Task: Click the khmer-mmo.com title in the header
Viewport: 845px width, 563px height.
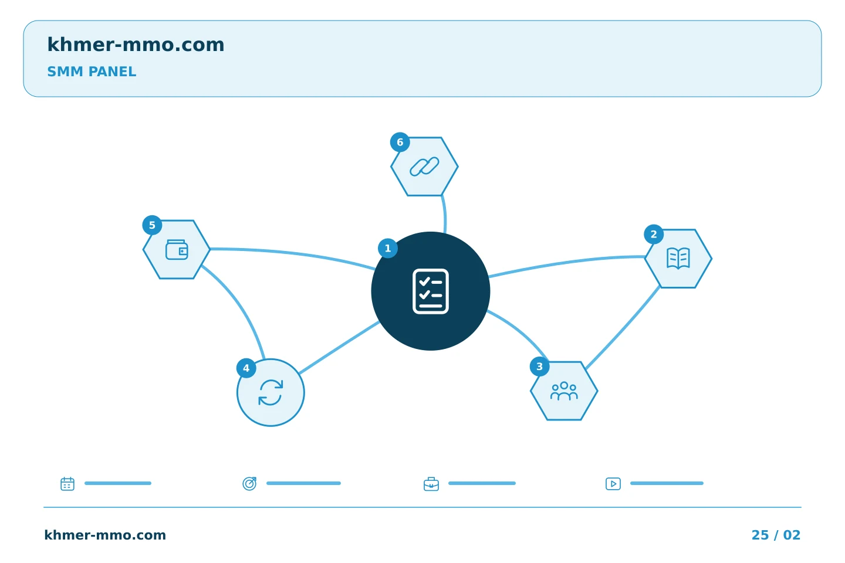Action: click(136, 45)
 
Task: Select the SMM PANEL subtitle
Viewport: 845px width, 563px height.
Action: click(92, 72)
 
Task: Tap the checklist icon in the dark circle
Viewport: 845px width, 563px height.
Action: click(431, 291)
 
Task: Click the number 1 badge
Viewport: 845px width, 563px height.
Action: click(388, 249)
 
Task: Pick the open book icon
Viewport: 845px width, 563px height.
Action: click(678, 258)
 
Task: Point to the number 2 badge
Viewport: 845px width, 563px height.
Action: click(654, 234)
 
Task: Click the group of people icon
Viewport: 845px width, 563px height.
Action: click(564, 391)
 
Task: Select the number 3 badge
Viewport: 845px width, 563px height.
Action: click(539, 367)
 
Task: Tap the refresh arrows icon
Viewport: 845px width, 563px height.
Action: click(271, 392)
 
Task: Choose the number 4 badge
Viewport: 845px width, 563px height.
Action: click(246, 368)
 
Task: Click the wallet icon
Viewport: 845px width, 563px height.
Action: click(177, 250)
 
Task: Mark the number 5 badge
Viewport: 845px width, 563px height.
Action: click(152, 225)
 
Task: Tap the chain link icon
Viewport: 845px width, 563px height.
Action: click(424, 167)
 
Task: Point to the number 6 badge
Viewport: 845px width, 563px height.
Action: click(400, 142)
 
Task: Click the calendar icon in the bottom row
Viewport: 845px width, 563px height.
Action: click(67, 483)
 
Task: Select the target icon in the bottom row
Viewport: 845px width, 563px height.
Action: click(249, 483)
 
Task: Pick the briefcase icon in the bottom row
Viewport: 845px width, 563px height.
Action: click(431, 484)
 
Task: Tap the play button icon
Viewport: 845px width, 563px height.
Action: click(613, 484)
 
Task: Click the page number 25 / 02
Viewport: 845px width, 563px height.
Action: click(776, 535)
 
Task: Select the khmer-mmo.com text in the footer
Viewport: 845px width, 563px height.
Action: click(105, 535)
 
